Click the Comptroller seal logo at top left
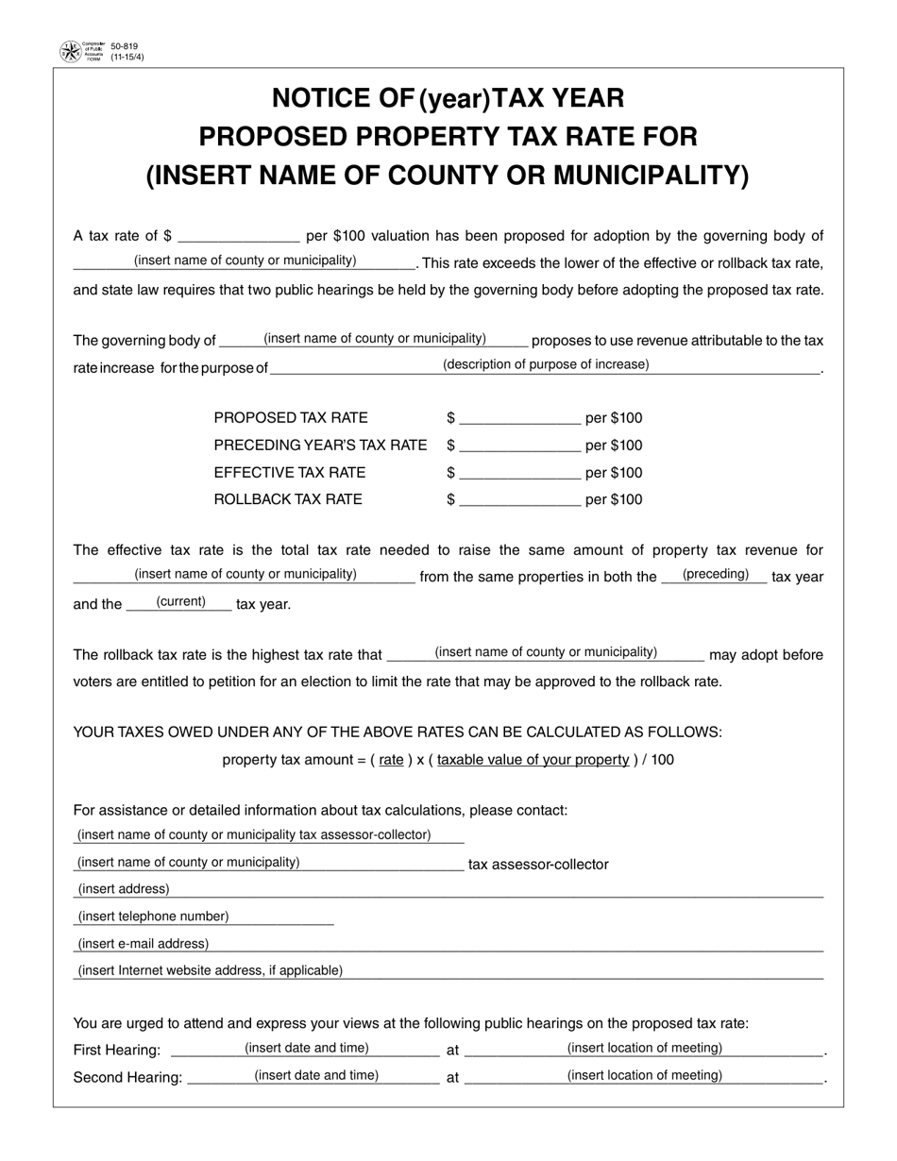[71, 52]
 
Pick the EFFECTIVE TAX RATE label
[290, 473]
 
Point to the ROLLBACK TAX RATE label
[288, 499]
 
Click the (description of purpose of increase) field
[546, 365]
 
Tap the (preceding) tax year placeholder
[715, 575]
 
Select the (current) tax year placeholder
[180, 602]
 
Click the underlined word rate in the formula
[391, 760]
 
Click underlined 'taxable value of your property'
[533, 760]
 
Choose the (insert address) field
[124, 889]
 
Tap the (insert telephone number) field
[153, 917]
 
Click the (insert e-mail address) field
[143, 944]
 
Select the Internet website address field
[210, 970]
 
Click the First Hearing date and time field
[307, 1048]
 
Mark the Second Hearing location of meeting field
[645, 1075]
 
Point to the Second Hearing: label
[127, 1078]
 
